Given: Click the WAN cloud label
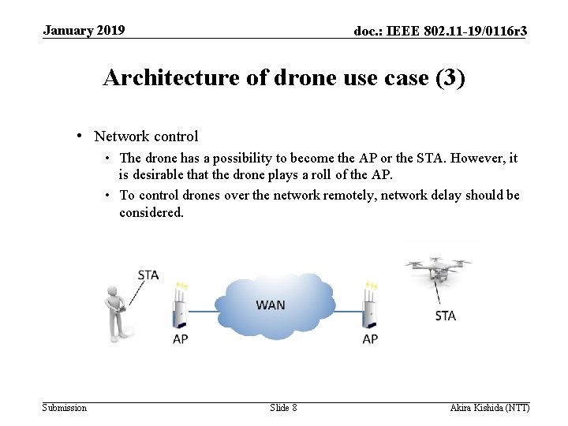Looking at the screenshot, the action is click(271, 305).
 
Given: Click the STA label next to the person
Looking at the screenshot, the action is click(148, 275).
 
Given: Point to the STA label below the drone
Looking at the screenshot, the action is click(446, 316).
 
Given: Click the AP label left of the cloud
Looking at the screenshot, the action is click(181, 339).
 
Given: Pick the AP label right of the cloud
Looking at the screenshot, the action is click(370, 339).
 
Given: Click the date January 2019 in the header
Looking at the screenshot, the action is click(84, 31).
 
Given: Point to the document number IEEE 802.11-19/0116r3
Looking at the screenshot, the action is click(440, 32).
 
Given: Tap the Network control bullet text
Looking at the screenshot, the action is click(146, 136).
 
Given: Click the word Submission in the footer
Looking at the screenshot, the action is click(65, 407).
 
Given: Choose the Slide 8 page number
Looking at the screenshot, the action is click(283, 407).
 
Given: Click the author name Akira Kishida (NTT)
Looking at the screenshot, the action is click(489, 407).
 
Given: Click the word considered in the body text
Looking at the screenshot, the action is click(151, 212).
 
